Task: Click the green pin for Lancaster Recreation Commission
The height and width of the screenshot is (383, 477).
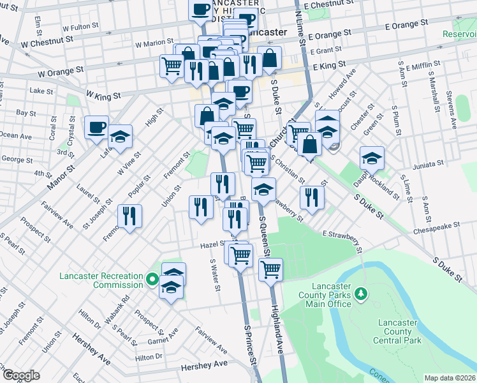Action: [152, 279]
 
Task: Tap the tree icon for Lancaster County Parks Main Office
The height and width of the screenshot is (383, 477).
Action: [362, 293]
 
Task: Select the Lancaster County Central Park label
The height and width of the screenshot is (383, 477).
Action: [399, 331]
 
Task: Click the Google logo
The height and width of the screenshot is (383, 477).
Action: [22, 375]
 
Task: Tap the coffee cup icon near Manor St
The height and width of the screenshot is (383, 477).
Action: [97, 128]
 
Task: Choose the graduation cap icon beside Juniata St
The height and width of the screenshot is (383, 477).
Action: [372, 157]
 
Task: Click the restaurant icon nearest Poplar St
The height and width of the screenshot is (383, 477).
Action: [130, 216]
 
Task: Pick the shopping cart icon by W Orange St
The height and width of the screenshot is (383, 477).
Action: [172, 65]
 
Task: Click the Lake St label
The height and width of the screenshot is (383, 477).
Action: [41, 91]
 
